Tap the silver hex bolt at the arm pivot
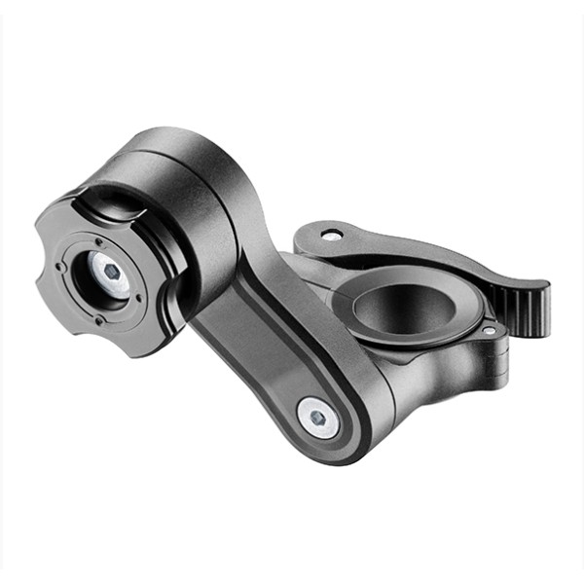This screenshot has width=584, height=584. [x=317, y=416]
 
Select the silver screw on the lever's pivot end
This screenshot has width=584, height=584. [x=332, y=235]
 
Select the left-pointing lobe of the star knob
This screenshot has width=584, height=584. [x=42, y=282]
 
